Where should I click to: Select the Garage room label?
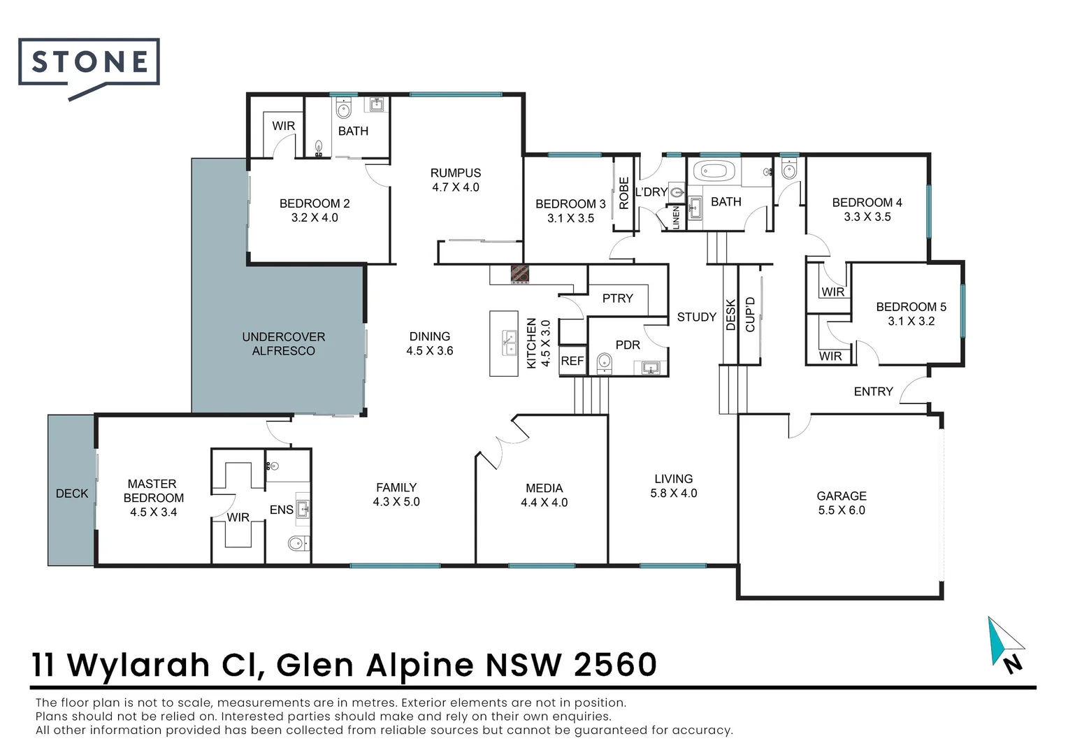pos(842,496)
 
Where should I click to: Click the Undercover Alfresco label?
pos(283,344)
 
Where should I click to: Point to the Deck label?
pos(72,494)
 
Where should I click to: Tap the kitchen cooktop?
pos(519,274)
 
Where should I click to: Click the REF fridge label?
pos(572,361)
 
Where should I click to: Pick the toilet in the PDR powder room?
pos(605,362)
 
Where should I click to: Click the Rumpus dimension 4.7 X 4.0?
pos(456,187)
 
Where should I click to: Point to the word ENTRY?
pos(873,391)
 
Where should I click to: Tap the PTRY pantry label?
pos(617,299)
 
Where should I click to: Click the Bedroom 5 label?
pos(911,307)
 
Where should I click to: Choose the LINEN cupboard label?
pos(676,217)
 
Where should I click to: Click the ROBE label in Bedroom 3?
pos(624,194)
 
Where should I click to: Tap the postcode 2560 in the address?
pos(615,665)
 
